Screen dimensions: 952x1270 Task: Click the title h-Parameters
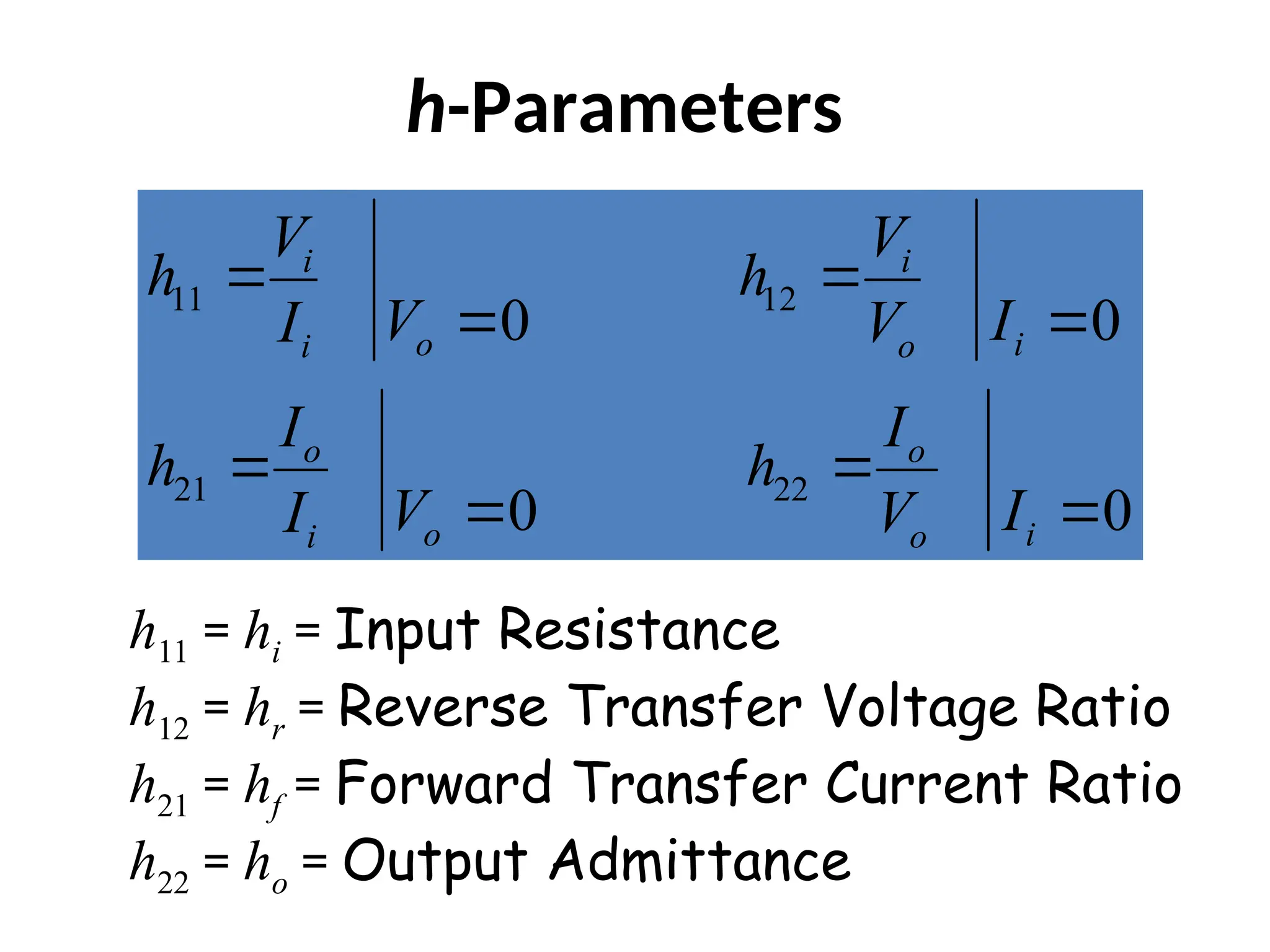tap(624, 108)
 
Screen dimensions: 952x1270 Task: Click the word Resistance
tap(639, 630)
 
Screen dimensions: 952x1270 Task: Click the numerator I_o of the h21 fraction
tap(300, 431)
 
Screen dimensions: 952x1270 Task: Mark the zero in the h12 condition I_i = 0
tap(1105, 321)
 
